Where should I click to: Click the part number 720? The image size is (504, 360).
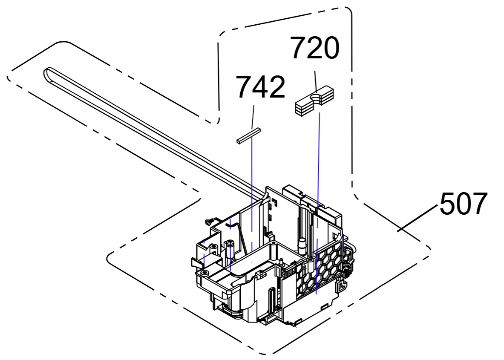coord(315,48)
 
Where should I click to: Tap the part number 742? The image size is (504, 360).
coord(261,87)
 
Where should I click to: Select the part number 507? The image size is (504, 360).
coord(463,204)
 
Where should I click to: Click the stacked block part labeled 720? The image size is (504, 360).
coord(315,100)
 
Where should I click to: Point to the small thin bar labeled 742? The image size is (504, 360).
coord(248,135)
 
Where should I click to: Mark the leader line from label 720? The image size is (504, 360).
coord(316,82)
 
